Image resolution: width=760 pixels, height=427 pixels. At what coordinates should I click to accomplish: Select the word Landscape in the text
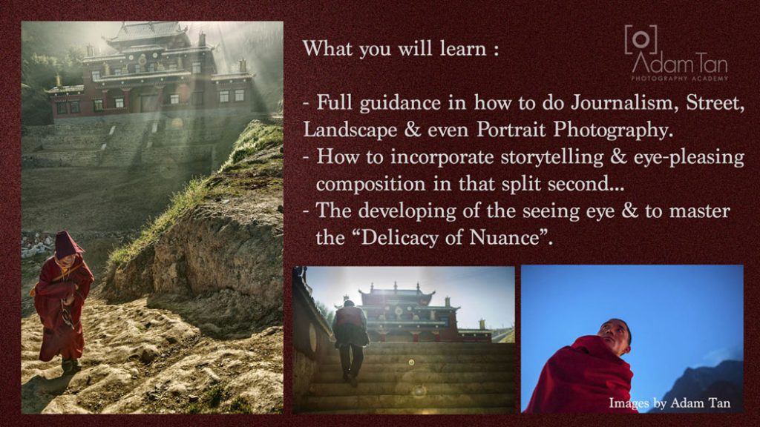[x=350, y=130]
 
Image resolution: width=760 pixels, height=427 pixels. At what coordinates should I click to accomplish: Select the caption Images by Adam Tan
[x=669, y=403]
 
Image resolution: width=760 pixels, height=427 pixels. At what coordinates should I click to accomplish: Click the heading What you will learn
[x=400, y=48]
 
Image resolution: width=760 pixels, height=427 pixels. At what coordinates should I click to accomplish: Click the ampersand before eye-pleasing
[x=618, y=157]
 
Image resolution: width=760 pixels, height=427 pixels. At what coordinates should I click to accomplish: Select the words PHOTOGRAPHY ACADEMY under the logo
[x=680, y=78]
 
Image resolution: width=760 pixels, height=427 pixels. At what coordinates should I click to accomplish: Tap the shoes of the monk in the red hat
[x=71, y=365]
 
